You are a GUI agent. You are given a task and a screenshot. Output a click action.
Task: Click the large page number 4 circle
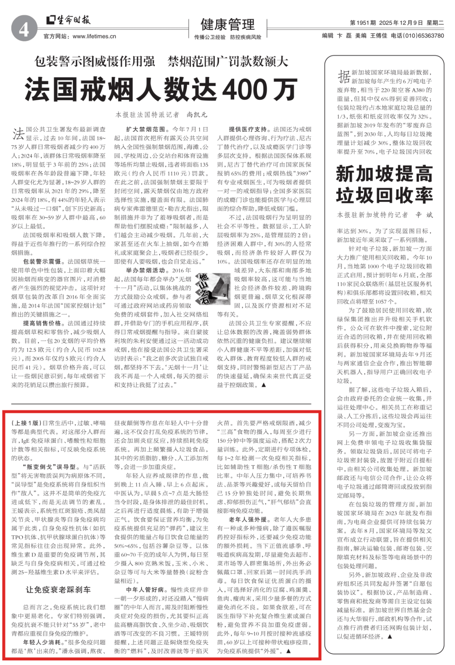[24, 29]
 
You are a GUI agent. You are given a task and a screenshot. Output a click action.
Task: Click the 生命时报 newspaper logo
[68, 20]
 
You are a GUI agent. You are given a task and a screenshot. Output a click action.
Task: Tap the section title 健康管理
[227, 24]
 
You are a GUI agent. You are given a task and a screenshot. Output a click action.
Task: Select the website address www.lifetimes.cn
[94, 37]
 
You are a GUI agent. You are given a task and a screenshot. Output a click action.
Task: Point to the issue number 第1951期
[363, 23]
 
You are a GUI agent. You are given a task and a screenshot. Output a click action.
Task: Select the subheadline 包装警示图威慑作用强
[95, 62]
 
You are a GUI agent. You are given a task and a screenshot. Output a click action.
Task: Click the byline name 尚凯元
[197, 114]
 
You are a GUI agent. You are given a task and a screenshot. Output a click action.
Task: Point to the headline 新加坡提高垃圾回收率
[384, 184]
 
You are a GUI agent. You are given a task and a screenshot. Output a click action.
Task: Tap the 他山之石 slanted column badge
[204, 288]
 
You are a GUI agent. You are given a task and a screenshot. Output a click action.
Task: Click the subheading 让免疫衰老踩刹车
[58, 590]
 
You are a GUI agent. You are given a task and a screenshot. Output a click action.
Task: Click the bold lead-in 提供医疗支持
[248, 129]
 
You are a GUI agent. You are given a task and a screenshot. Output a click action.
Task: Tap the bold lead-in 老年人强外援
[248, 519]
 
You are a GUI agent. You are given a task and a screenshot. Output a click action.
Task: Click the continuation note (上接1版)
[27, 423]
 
